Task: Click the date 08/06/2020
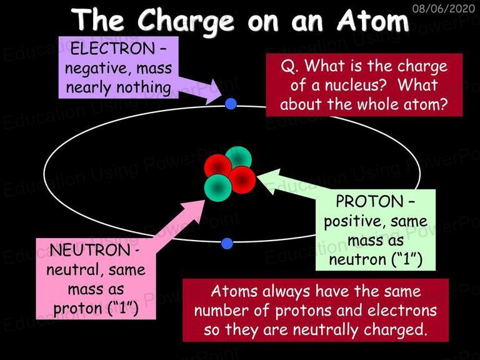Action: [443, 8]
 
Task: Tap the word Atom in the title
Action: [372, 19]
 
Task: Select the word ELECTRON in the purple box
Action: [112, 49]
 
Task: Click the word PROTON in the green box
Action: [369, 201]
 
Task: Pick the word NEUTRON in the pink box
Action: [90, 250]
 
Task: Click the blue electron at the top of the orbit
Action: [231, 104]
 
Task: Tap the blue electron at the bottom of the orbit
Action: [227, 244]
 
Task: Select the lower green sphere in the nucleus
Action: [217, 188]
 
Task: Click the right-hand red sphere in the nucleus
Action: [242, 180]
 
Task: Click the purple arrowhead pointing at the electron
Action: [212, 92]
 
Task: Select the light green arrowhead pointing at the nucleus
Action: [269, 181]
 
